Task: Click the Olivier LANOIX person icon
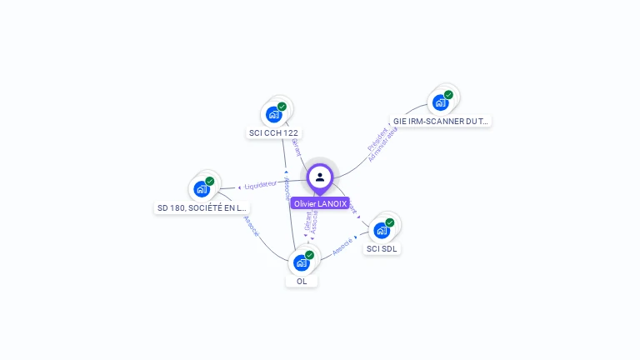click(320, 177)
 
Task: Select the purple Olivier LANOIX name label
click(320, 203)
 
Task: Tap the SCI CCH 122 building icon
click(273, 114)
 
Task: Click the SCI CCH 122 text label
click(273, 132)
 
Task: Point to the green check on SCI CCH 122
click(282, 107)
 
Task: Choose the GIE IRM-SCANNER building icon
click(440, 102)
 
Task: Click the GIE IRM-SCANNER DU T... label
click(441, 121)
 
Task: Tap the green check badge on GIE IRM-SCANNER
click(448, 95)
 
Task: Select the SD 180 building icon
click(202, 189)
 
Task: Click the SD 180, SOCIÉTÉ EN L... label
click(202, 207)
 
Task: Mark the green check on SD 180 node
click(210, 181)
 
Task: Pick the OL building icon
click(302, 262)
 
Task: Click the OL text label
click(302, 281)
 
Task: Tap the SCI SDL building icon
click(382, 230)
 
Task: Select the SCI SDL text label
click(382, 248)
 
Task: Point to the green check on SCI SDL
click(390, 222)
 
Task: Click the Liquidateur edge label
click(260, 184)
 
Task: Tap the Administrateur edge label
click(383, 144)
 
